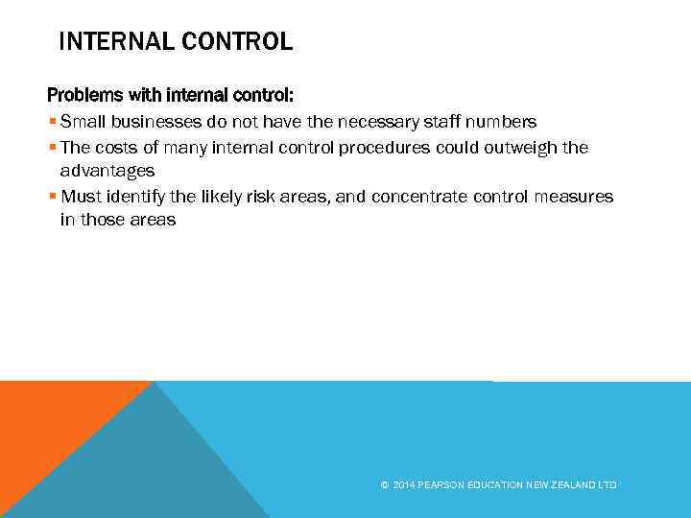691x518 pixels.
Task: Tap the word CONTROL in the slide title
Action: coord(238,42)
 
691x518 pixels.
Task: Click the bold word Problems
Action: coord(84,97)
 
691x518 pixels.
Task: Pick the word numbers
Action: coord(499,122)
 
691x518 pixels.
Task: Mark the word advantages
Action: coord(107,171)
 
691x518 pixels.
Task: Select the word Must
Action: coord(81,196)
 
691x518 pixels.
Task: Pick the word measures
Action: coord(576,196)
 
